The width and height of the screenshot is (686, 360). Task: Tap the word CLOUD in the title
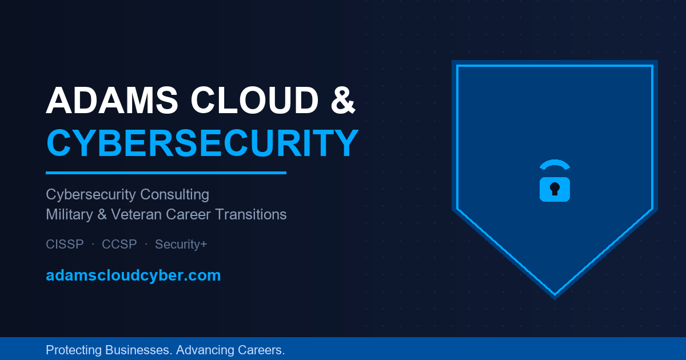point(254,100)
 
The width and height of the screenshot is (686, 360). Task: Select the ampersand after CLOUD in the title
point(343,100)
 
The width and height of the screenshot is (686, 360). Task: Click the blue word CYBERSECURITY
point(202,143)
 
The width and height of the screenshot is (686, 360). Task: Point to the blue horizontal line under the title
point(166,173)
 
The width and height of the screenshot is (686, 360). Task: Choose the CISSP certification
point(65,245)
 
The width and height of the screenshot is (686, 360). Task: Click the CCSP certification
point(119,245)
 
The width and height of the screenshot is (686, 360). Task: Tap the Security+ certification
point(181,245)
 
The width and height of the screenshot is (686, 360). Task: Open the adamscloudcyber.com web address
point(133,275)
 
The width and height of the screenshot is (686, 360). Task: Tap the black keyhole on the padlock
point(555,189)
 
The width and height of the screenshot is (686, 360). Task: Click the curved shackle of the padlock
point(555,165)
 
